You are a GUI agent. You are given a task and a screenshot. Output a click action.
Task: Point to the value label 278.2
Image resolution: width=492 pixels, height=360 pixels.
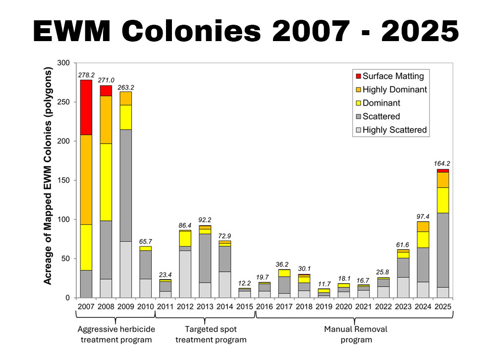[x=86, y=75]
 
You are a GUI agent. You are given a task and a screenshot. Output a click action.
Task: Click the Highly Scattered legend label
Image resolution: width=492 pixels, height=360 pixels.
[x=394, y=130]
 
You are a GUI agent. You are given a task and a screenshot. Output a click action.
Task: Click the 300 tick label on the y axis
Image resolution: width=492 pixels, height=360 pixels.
[x=64, y=63]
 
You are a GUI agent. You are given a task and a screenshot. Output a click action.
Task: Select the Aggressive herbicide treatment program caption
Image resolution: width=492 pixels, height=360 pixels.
[x=116, y=334]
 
